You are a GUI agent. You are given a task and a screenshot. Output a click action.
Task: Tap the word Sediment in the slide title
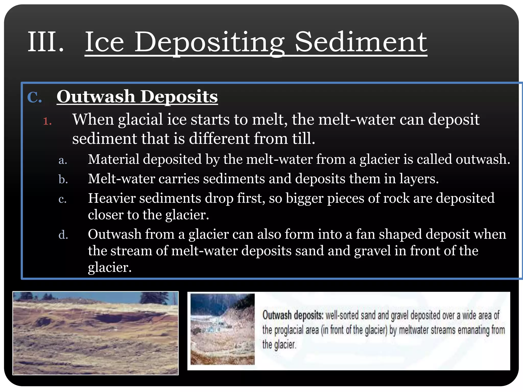click(x=361, y=42)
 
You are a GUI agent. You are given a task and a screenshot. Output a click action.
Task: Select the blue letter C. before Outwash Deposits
click(x=34, y=97)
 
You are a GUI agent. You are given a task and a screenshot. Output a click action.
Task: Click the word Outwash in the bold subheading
click(x=96, y=97)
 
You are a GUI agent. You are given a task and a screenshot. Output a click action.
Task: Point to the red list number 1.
click(x=47, y=121)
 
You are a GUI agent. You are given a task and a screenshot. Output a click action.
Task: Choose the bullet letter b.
click(x=63, y=179)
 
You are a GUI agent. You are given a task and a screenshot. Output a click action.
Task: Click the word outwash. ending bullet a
click(x=483, y=160)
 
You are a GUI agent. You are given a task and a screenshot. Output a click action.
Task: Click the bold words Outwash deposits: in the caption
click(x=293, y=315)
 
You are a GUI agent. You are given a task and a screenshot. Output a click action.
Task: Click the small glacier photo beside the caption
click(x=222, y=329)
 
